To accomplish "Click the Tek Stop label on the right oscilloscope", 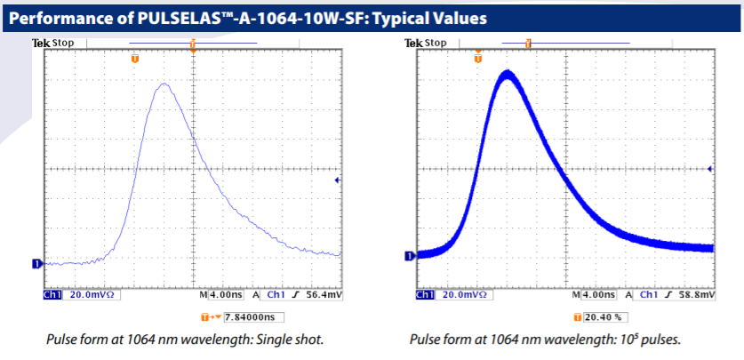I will point(426,43).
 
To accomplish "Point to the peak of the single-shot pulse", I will point(163,84).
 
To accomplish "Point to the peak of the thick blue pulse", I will point(507,74).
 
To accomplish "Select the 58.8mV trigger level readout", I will point(695,292).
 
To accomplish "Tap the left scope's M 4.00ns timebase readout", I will point(214,292).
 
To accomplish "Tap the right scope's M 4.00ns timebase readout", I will point(588,292).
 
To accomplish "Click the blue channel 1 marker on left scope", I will point(36,263).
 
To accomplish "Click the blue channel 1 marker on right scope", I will point(410,256).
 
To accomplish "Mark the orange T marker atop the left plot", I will point(135,59).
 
